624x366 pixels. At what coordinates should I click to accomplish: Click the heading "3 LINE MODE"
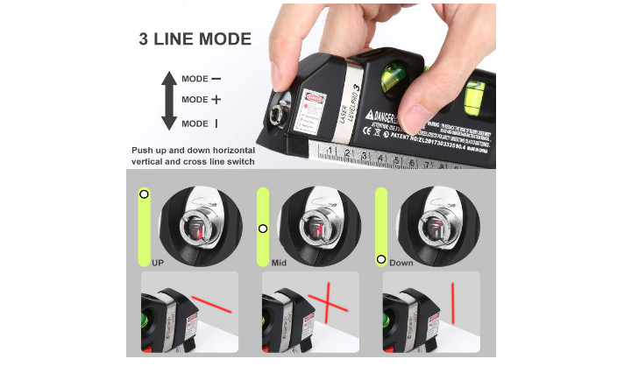pyautogui.click(x=195, y=39)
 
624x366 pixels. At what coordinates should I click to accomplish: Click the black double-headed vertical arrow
pyautogui.click(x=169, y=101)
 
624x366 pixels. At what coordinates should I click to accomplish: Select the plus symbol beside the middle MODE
pyautogui.click(x=216, y=100)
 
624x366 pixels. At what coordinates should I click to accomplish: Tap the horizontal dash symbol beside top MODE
pyautogui.click(x=216, y=79)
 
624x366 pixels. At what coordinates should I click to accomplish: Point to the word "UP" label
pyautogui.click(x=158, y=262)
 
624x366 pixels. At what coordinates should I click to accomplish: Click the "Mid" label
pyautogui.click(x=279, y=262)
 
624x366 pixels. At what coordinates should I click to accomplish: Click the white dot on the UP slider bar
pyautogui.click(x=144, y=194)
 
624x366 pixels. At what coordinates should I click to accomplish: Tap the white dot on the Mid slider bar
pyautogui.click(x=262, y=229)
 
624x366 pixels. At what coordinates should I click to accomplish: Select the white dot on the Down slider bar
pyautogui.click(x=380, y=259)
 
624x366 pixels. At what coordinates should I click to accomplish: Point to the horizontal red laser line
pyautogui.click(x=210, y=305)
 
